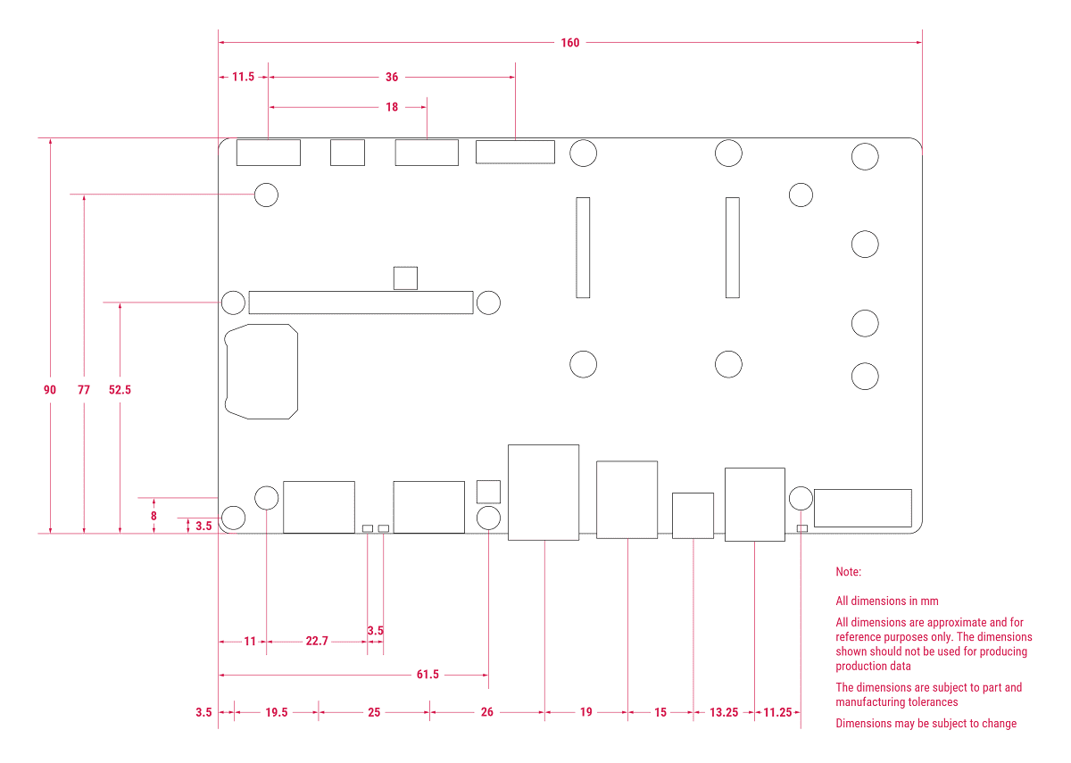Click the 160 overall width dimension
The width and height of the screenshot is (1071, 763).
(x=570, y=43)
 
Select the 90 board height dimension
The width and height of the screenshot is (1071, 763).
(x=50, y=390)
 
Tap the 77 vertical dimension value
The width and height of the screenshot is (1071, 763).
(x=84, y=390)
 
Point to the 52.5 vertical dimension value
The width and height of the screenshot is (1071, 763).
(x=120, y=390)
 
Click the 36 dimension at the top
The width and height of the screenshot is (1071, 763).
(x=392, y=78)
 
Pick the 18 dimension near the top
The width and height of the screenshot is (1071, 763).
(x=392, y=107)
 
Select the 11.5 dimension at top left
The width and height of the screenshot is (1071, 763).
(x=243, y=78)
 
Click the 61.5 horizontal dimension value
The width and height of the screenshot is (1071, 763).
(x=428, y=675)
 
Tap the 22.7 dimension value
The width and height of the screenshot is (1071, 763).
(x=317, y=641)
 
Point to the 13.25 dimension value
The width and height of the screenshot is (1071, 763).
(x=724, y=712)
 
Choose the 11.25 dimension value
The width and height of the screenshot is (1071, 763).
(x=777, y=712)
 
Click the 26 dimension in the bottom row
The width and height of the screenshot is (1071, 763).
(x=486, y=712)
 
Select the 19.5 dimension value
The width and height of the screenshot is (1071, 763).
(x=277, y=712)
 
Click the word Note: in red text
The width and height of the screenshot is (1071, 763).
(x=849, y=571)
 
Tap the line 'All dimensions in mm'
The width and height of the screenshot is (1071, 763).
(x=887, y=601)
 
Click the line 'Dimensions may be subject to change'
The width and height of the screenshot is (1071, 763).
(x=926, y=724)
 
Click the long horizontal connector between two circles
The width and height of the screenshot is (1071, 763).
(x=361, y=303)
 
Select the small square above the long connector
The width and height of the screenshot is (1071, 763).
(x=405, y=278)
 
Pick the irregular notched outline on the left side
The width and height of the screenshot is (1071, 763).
(x=262, y=371)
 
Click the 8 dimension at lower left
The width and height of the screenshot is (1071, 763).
(x=154, y=516)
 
